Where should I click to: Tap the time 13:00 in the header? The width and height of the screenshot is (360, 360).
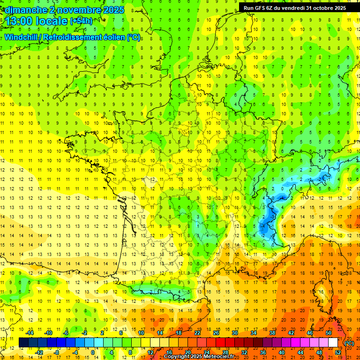21,21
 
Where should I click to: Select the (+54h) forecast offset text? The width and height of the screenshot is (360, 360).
81,21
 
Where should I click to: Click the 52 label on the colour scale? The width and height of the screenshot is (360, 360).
338,352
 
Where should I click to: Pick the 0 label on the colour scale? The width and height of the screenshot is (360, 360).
93,352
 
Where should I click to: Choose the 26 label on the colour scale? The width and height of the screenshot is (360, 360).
216,333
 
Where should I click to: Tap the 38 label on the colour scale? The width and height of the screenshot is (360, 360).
272,333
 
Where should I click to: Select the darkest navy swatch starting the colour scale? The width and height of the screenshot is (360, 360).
23,342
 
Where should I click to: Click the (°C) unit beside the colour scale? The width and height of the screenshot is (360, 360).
349,343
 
